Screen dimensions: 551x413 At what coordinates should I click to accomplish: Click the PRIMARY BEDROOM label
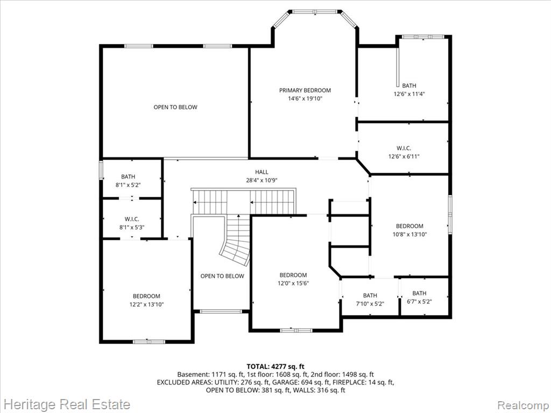(305, 90)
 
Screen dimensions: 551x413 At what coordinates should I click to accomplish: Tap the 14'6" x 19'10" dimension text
(305, 99)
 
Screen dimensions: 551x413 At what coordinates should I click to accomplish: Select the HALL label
(262, 172)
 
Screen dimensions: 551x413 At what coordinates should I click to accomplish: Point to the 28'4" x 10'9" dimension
(262, 181)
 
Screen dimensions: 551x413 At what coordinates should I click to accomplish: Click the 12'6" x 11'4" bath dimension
(409, 94)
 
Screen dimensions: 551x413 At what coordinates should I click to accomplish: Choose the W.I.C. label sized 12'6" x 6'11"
(404, 148)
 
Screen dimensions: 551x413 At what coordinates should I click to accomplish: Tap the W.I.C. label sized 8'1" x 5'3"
(132, 219)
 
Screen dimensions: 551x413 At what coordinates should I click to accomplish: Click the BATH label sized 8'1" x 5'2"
(128, 176)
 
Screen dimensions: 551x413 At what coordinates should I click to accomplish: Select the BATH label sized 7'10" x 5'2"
(370, 295)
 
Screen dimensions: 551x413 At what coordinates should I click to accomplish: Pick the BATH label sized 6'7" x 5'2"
(420, 293)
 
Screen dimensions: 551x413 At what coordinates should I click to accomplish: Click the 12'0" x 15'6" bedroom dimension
(293, 284)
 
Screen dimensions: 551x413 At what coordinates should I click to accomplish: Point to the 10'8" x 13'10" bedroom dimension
(409, 234)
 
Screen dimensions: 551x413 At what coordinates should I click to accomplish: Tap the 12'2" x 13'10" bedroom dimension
(146, 305)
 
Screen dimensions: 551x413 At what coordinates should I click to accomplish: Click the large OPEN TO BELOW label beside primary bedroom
(175, 107)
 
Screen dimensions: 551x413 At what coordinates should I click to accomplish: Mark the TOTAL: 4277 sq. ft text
(275, 367)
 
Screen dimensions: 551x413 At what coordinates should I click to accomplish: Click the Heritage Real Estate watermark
(66, 404)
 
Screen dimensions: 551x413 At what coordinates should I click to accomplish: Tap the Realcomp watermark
(522, 404)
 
